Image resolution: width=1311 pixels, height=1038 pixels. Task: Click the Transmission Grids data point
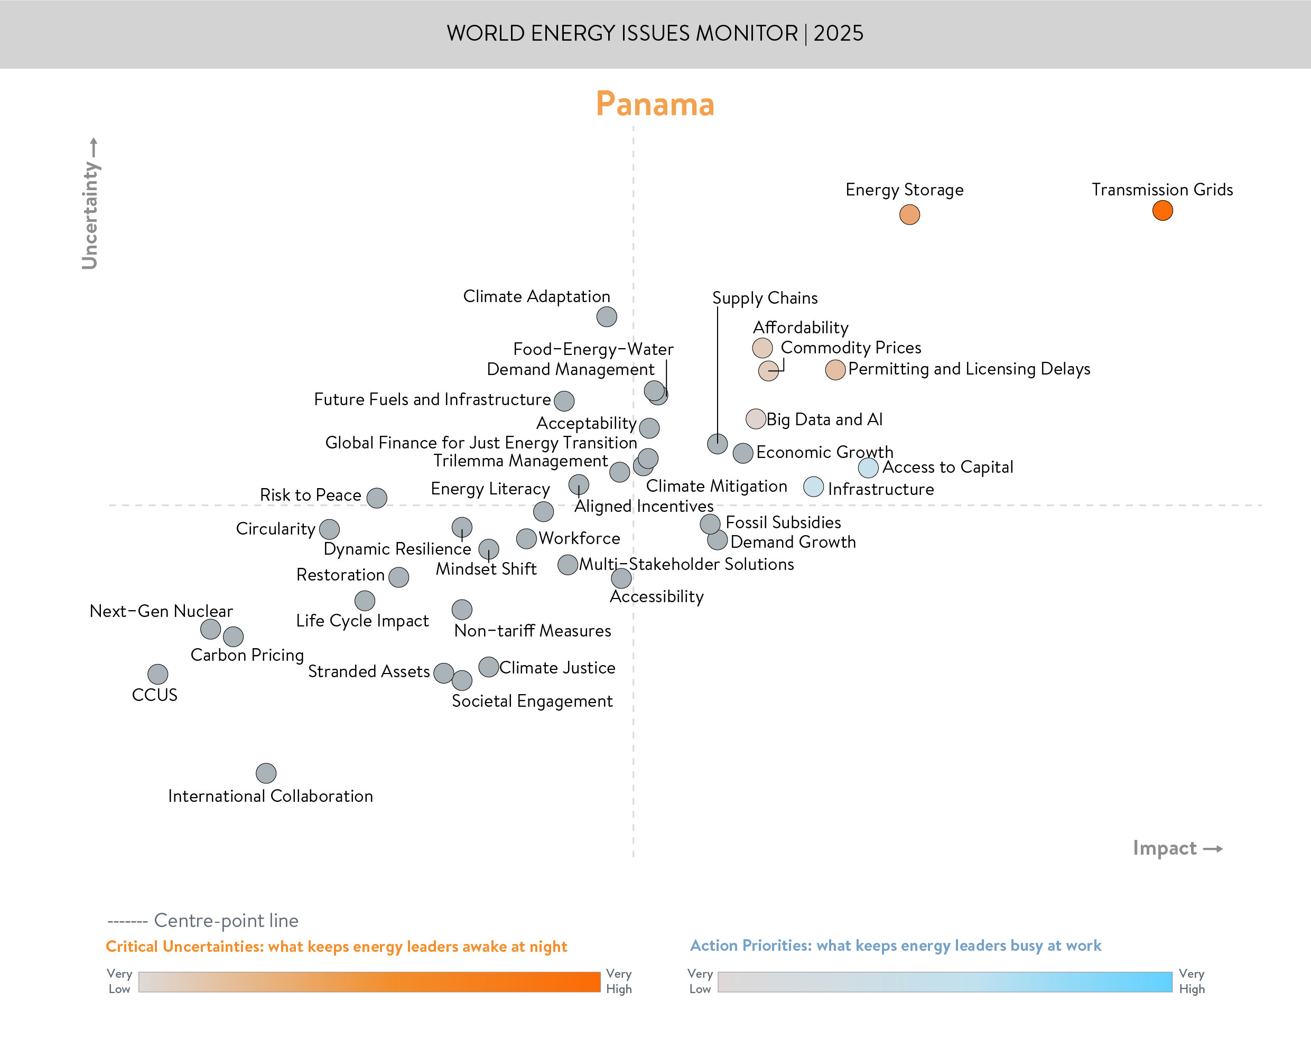pos(1162,211)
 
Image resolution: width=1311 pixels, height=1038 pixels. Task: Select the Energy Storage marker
pos(909,214)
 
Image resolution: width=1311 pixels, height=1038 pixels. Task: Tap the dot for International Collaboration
pos(266,773)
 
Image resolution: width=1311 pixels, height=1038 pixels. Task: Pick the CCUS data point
pos(158,674)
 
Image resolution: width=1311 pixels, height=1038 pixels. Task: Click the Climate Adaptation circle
pos(607,316)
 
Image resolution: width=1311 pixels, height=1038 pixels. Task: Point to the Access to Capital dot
pos(868,467)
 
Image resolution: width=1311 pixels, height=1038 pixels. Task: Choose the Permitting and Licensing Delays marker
pos(835,369)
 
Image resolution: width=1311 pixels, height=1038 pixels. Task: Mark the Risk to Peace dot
pos(377,498)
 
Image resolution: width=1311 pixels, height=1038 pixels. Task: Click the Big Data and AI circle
pos(756,419)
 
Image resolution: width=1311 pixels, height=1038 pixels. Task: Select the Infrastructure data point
pos(813,487)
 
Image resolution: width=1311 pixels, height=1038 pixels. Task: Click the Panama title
pos(655,105)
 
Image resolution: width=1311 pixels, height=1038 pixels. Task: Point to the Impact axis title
pos(1165,848)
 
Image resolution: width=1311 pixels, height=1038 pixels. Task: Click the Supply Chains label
pos(765,298)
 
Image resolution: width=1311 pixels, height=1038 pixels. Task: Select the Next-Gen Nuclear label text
pos(161,611)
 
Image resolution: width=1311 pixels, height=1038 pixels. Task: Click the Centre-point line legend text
pos(226,920)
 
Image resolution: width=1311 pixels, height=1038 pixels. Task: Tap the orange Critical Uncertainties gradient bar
pos(369,981)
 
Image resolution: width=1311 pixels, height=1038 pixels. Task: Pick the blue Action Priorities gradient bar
pos(944,981)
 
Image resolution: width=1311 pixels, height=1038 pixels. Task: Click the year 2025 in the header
pos(838,33)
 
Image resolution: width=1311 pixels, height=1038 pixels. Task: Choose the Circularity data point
pos(329,529)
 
